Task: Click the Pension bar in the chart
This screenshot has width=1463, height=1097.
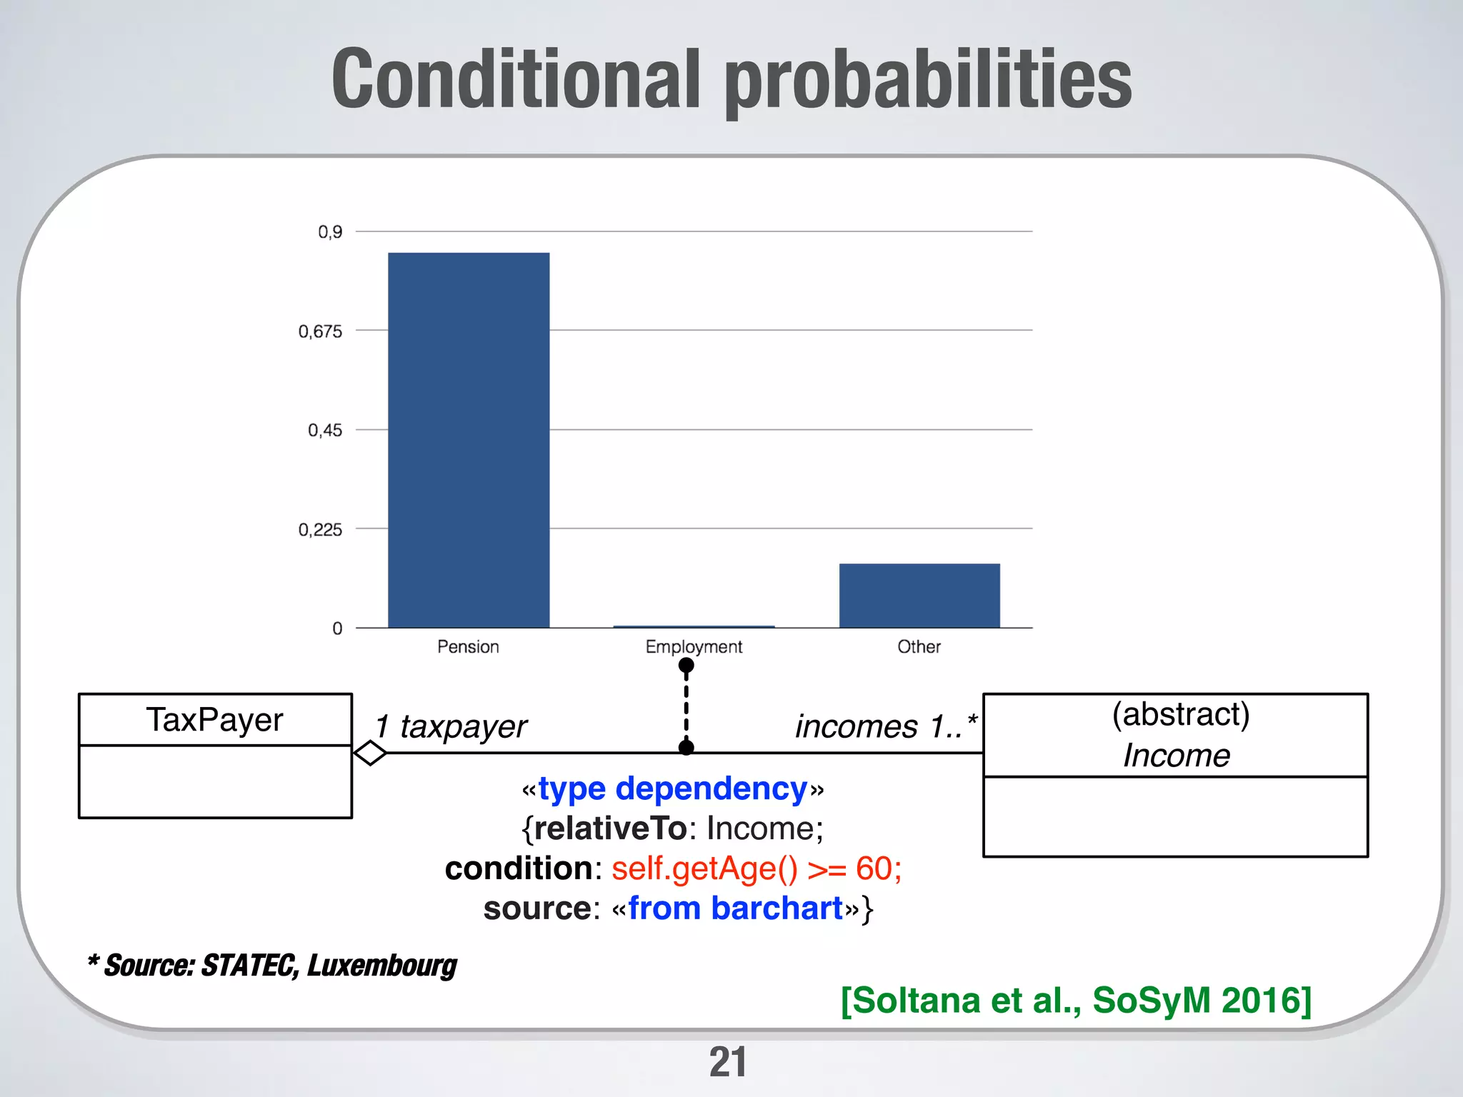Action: (x=469, y=440)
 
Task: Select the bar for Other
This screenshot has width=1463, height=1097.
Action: (x=919, y=596)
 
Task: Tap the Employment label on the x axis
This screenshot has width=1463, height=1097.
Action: (x=694, y=646)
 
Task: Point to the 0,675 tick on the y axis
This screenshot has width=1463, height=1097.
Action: (x=320, y=331)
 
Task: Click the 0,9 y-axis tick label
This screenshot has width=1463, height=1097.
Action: (x=330, y=232)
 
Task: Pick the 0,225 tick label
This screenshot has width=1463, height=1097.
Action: (x=320, y=530)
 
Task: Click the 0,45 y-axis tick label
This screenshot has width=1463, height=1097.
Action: (x=324, y=431)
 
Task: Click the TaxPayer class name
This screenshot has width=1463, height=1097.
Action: (x=215, y=720)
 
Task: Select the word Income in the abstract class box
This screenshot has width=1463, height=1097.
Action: (x=1176, y=756)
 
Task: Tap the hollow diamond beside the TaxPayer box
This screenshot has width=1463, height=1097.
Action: (x=370, y=753)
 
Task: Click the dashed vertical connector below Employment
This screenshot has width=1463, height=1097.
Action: (x=686, y=707)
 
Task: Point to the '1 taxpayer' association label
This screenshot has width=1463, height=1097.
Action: (x=451, y=727)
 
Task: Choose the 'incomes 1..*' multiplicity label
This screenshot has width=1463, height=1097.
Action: (x=886, y=727)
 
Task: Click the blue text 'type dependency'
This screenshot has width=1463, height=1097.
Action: (x=672, y=789)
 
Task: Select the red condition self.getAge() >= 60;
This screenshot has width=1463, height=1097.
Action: (x=756, y=869)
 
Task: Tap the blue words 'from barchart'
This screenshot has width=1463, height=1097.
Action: (x=736, y=909)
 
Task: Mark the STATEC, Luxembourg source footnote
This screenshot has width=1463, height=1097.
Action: (x=272, y=966)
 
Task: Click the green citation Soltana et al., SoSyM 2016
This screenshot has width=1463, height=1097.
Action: (x=1076, y=1001)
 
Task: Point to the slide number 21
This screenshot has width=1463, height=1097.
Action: (x=727, y=1062)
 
